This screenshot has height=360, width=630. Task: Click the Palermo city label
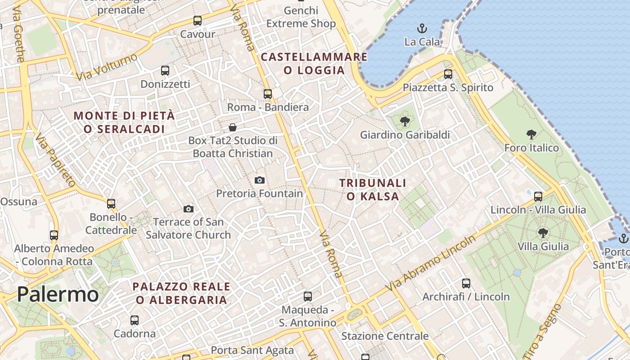click(x=58, y=295)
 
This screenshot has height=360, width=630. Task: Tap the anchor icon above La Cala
click(x=422, y=29)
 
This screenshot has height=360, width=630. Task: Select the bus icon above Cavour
click(x=198, y=21)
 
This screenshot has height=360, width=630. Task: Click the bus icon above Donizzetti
click(x=165, y=71)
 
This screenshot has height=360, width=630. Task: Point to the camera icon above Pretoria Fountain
click(x=260, y=180)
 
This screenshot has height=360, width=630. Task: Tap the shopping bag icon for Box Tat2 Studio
click(x=233, y=127)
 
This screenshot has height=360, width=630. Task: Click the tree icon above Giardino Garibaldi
click(x=405, y=121)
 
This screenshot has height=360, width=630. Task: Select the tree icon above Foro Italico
click(x=531, y=134)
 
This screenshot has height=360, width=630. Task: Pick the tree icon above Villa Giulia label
click(x=543, y=233)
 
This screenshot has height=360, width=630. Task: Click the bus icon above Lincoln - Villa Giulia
click(x=538, y=196)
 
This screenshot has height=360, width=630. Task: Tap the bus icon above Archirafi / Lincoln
click(x=466, y=283)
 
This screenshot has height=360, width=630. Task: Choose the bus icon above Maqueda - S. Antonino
click(x=308, y=297)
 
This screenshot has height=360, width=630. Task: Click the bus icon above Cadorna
click(x=135, y=320)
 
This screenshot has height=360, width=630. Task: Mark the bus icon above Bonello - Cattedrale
click(x=111, y=204)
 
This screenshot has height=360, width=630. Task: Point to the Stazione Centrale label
click(x=385, y=336)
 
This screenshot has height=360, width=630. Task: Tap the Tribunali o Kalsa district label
click(x=373, y=189)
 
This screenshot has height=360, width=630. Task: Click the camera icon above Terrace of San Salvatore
click(x=189, y=209)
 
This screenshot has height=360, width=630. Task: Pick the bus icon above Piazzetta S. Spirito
click(x=448, y=74)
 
